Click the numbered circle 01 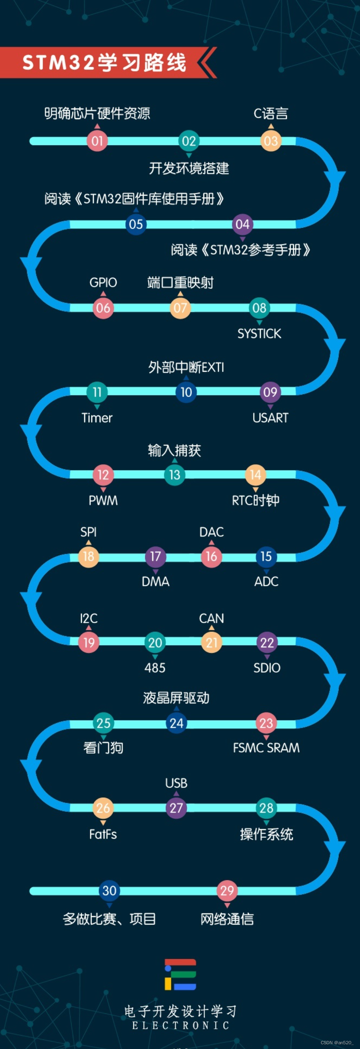click(x=97, y=141)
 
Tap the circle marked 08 click(x=260, y=308)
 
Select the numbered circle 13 click(x=175, y=475)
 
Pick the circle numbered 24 click(x=176, y=723)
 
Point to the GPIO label click(x=103, y=282)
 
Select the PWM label click(x=103, y=500)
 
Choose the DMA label click(x=155, y=581)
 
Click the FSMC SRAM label click(x=266, y=748)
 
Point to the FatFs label click(x=103, y=834)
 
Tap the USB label click(x=176, y=782)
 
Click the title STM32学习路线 click(x=104, y=63)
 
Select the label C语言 click(x=271, y=113)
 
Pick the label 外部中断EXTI click(x=186, y=367)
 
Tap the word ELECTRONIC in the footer click(x=180, y=1025)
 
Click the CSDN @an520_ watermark click(x=337, y=1043)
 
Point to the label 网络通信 click(x=227, y=919)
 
